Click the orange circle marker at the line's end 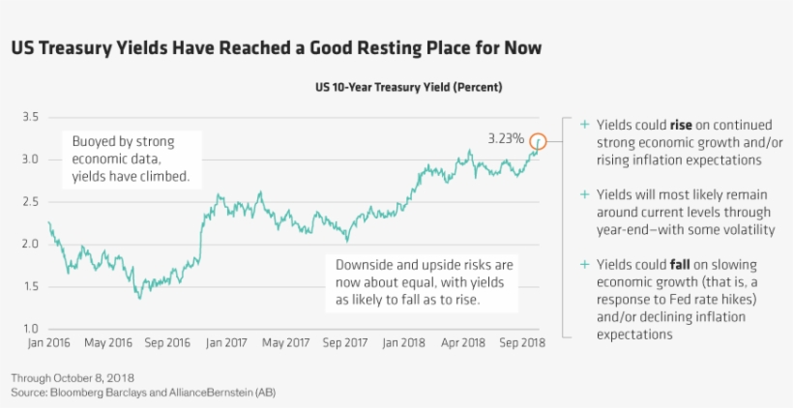click(539, 141)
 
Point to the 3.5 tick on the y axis click(29, 117)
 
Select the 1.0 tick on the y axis click(29, 329)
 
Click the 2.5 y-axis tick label click(29, 202)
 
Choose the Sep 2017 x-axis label click(344, 342)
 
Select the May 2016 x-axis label click(107, 342)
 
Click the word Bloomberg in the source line click(82, 392)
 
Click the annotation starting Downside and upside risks click(424, 281)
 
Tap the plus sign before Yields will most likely click(583, 194)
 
